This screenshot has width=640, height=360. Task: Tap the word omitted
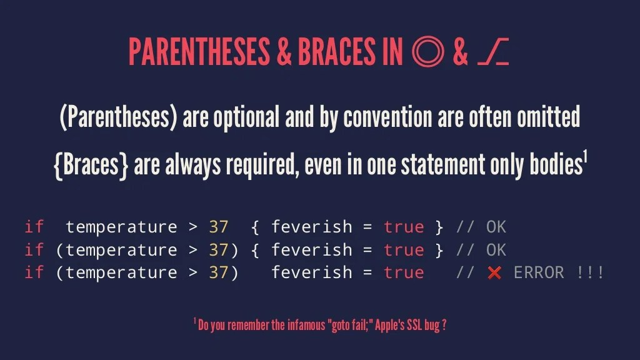click(548, 117)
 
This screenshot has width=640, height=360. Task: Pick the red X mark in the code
click(494, 273)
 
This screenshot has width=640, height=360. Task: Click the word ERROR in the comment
click(538, 272)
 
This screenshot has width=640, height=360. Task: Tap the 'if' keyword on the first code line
click(34, 227)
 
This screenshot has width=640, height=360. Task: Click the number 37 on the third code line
click(219, 272)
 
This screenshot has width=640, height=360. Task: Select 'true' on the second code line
click(403, 250)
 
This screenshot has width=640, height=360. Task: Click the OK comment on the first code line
click(496, 227)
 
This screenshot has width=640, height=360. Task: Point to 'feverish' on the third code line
click(311, 272)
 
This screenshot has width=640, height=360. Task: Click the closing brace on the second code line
click(439, 250)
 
